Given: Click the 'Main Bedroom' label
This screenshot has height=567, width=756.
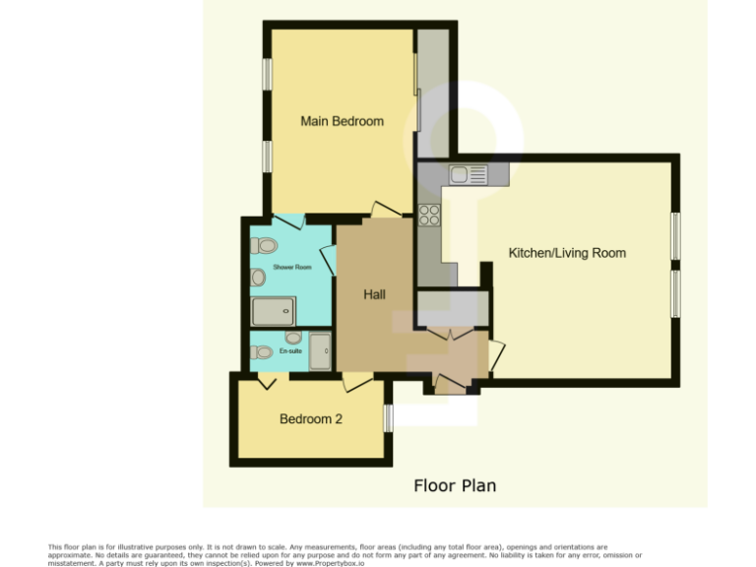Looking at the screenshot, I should point(342,121).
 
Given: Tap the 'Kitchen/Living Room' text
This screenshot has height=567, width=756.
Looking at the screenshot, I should point(567,253).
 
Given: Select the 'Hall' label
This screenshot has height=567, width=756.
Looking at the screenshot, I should point(374,294).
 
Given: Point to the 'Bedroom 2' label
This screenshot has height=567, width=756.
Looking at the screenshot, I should point(311,418).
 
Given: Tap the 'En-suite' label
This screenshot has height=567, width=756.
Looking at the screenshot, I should point(291,351).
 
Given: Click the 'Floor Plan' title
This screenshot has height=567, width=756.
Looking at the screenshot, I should point(454,485).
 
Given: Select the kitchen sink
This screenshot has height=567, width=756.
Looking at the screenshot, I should point(469,175).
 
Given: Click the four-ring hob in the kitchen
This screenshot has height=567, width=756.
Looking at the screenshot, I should point(429,215).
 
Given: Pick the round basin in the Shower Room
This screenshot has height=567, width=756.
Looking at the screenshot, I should point(258,278).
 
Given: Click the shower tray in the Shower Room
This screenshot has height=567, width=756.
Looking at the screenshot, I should point(274,312).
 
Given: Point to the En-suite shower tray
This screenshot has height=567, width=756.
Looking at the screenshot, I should point(320,351).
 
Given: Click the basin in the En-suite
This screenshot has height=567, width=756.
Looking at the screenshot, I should point(293,338).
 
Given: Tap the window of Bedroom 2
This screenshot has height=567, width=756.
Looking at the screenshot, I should point(388,418).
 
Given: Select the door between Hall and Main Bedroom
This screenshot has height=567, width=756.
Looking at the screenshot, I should point(385,210).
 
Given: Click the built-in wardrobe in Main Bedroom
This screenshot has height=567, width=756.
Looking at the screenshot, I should point(432,94).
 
